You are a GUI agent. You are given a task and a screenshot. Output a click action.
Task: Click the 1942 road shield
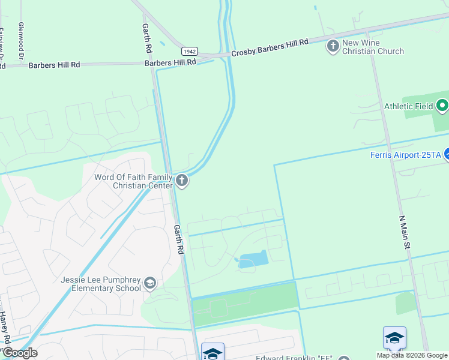click(x=189, y=52)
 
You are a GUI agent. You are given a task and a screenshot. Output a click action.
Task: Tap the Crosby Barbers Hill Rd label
click(x=270, y=47)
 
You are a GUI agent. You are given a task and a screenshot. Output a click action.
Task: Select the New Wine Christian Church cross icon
click(x=333, y=46)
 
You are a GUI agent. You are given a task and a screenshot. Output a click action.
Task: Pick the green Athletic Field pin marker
click(x=442, y=106)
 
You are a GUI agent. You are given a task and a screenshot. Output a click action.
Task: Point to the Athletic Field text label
click(x=408, y=107)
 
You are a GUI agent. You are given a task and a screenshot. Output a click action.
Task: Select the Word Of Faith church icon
click(x=182, y=180)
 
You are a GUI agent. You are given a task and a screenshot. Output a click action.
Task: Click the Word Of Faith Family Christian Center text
click(x=133, y=181)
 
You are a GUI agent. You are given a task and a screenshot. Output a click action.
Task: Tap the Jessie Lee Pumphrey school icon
click(x=150, y=283)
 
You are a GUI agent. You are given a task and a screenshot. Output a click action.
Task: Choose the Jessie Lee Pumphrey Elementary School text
click(x=101, y=284)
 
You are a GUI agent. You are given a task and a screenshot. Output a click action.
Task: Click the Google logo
click(x=19, y=353)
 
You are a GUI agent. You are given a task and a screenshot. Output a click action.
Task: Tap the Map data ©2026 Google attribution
click(x=412, y=355)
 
